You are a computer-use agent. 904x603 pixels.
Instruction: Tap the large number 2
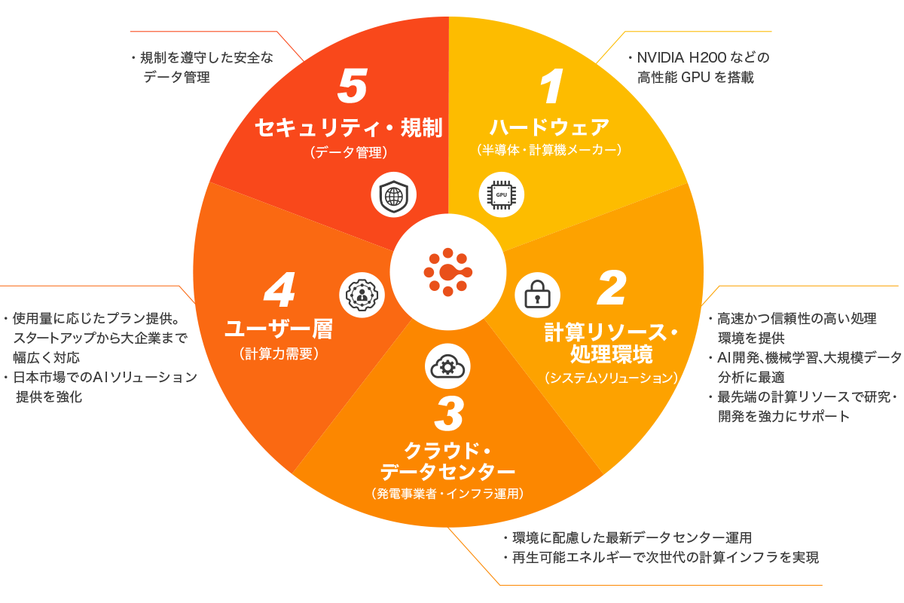click(x=612, y=288)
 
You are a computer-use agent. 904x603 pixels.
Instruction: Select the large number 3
click(x=449, y=415)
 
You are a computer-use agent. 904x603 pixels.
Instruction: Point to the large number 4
click(x=279, y=291)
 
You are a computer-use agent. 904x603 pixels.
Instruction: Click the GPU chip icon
click(x=501, y=195)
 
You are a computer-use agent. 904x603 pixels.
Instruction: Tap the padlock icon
click(x=537, y=294)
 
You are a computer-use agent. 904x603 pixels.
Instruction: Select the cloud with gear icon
click(x=447, y=366)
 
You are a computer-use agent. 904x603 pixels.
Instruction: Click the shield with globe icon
click(x=393, y=195)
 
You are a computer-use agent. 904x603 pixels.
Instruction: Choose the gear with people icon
click(x=362, y=294)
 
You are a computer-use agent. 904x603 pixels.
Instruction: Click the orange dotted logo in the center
click(x=447, y=271)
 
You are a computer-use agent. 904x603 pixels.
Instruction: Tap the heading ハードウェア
click(x=549, y=127)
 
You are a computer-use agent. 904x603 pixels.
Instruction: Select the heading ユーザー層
click(x=279, y=329)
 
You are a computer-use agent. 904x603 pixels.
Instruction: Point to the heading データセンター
click(x=447, y=473)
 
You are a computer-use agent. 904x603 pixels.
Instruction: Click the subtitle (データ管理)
click(x=348, y=152)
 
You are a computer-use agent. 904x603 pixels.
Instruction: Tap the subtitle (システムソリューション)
click(x=611, y=378)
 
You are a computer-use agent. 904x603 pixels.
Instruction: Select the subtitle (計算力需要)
click(x=279, y=354)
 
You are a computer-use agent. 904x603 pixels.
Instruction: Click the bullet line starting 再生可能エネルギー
click(x=663, y=558)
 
